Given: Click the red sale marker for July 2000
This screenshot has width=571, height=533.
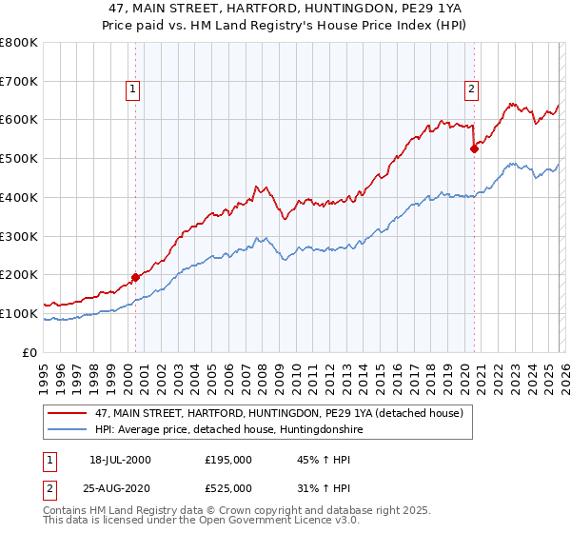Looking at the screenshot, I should pos(135,277).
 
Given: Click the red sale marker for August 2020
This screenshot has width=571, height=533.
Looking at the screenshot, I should pos(474,148).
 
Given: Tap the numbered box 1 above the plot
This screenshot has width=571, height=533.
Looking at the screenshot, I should pos(133,90).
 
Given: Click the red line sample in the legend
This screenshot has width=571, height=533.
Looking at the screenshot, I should pos(69,413).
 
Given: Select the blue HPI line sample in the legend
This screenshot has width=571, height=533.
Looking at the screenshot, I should pos(69,430).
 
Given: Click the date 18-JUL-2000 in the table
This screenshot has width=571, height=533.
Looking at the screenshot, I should pos(120,460).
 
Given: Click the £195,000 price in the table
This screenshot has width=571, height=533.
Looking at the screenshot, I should pos(227,460).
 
